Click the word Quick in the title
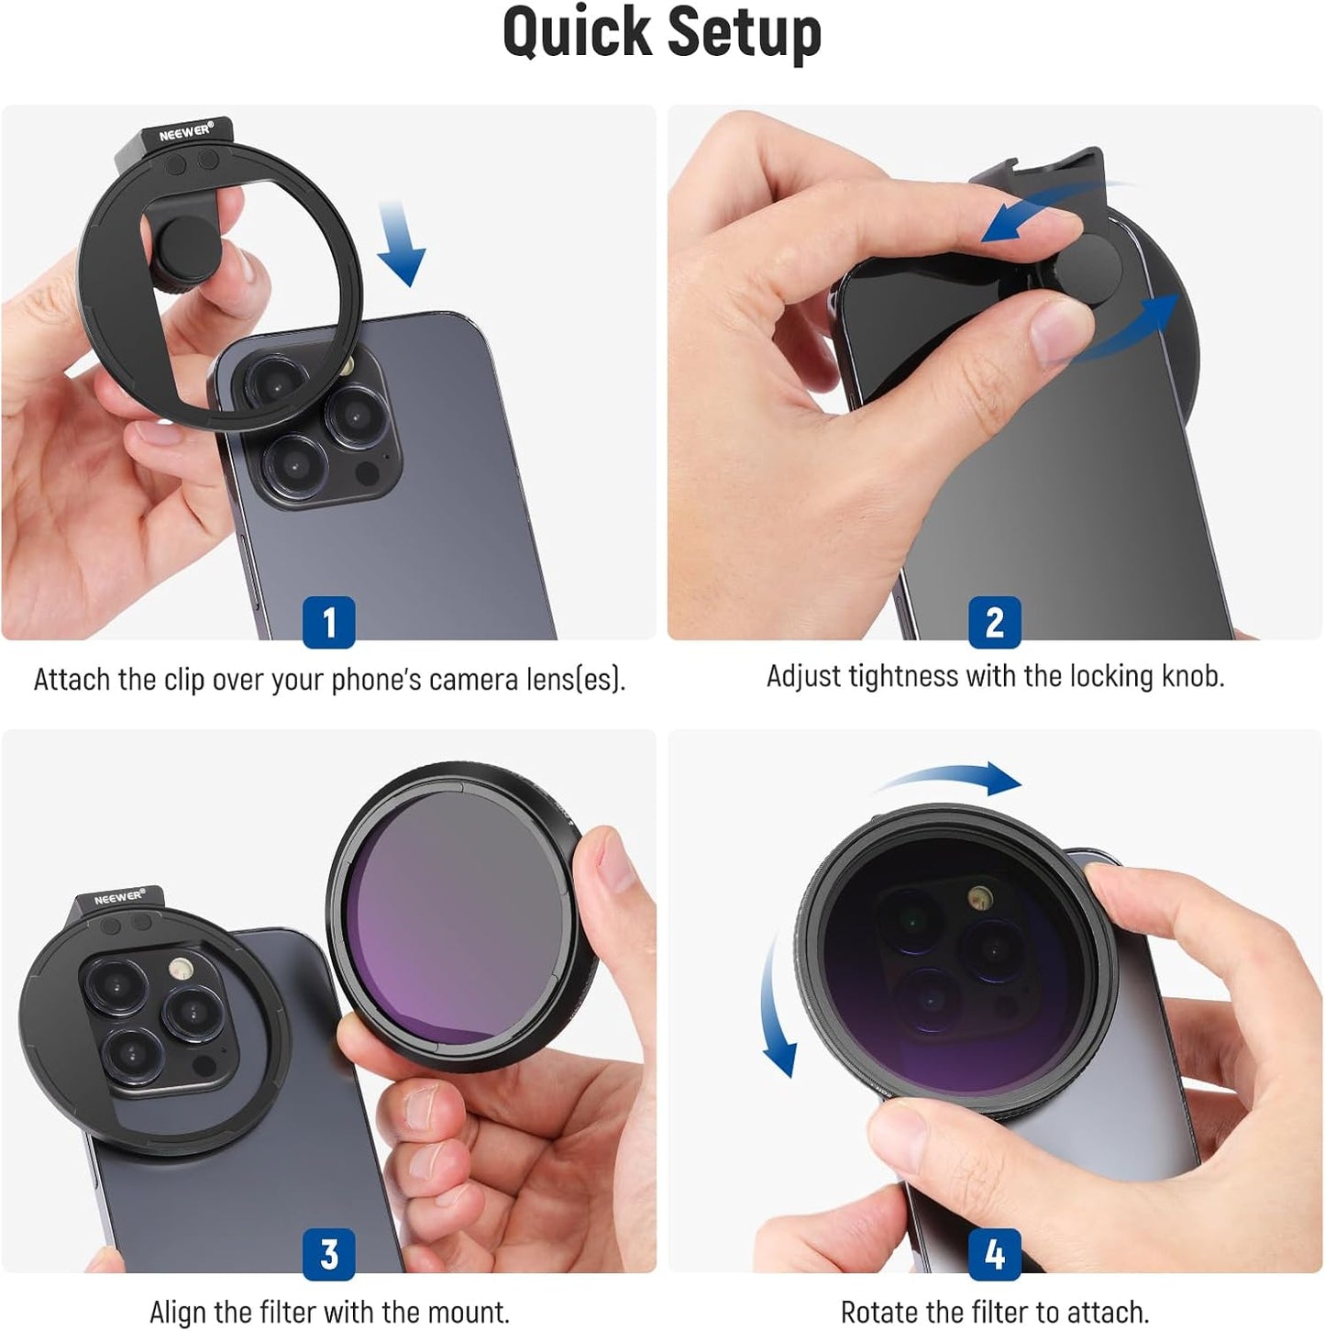pyautogui.click(x=578, y=33)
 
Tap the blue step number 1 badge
pyautogui.click(x=328, y=623)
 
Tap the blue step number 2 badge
pyautogui.click(x=994, y=623)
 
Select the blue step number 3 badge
pyautogui.click(x=328, y=1254)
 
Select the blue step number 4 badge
pyautogui.click(x=994, y=1254)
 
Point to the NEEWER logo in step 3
pyautogui.click(x=119, y=896)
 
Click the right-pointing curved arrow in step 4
pyautogui.click(x=954, y=780)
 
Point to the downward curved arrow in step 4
pyautogui.click(x=776, y=1009)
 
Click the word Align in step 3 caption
pyautogui.click(x=177, y=1312)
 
